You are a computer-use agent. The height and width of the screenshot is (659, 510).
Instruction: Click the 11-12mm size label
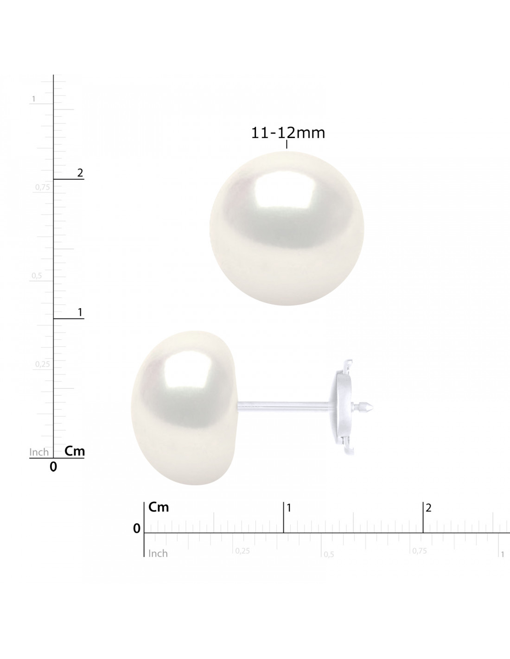point(288,133)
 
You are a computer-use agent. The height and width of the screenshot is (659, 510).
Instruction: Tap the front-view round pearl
point(287,228)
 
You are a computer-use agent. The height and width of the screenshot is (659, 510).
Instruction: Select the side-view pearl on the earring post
point(184,408)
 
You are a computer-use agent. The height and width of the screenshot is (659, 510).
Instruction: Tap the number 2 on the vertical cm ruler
point(80,173)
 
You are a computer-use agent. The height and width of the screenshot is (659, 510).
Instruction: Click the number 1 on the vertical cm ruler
point(80,312)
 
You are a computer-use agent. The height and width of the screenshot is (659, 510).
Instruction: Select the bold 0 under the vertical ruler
point(53,467)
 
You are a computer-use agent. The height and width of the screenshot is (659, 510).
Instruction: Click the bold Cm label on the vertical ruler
point(75,451)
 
